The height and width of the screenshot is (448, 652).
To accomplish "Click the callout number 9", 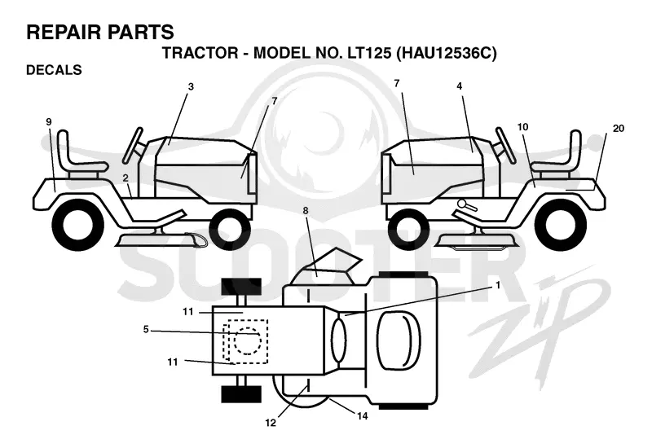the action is click(x=49, y=121).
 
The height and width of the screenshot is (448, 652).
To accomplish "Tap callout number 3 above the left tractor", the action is click(x=191, y=87).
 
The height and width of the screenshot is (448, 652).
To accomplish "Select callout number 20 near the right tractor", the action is click(x=619, y=129).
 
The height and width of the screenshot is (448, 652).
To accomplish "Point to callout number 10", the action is click(x=522, y=126).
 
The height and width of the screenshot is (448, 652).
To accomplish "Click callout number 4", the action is click(x=459, y=86).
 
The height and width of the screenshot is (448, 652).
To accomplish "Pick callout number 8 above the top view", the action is click(x=306, y=211).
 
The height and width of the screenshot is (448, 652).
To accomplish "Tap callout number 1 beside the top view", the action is click(x=497, y=286).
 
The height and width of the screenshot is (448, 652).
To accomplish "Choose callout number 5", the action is click(x=146, y=330).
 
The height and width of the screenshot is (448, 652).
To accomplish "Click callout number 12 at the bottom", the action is click(x=271, y=423).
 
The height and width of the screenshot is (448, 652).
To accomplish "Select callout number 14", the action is click(x=362, y=415).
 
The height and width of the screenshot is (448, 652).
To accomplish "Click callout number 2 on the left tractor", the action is click(x=126, y=178).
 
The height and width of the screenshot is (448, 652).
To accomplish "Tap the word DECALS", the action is click(x=54, y=70).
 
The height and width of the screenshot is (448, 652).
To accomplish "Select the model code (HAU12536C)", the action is click(x=447, y=53).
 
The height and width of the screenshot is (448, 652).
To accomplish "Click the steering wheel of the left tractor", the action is click(x=133, y=145).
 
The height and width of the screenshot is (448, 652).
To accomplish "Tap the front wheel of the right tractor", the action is click(x=408, y=228).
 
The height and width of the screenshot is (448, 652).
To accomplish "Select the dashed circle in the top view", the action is click(x=249, y=340).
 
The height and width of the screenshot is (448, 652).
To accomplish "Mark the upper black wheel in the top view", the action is click(x=241, y=286).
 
